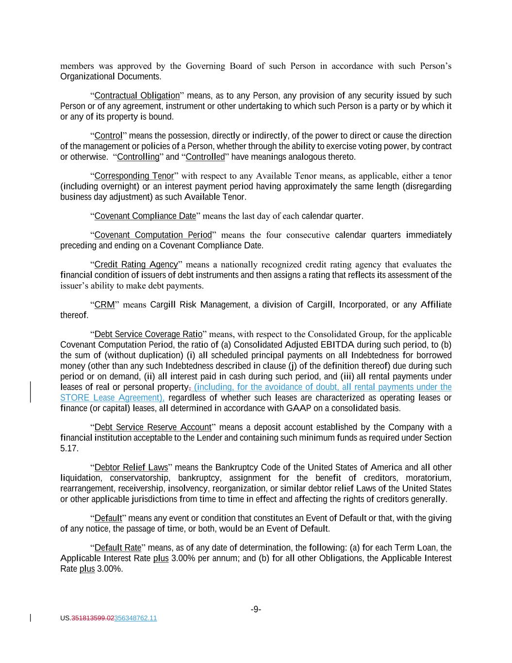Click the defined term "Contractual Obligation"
pos(137,96)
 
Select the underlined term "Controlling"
pos(138,157)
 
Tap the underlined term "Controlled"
pos(205,157)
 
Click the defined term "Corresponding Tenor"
pos(134,176)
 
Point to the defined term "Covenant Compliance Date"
pos(145,216)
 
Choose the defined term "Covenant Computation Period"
pos(153,235)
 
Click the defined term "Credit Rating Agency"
pos(136,265)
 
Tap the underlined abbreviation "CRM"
pos(104,305)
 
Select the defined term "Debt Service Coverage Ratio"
pos(148,335)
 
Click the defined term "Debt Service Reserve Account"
pos(153,427)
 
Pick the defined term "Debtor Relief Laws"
pos(131,468)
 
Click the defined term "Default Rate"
pos(117,548)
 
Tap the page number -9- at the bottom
pos(256,610)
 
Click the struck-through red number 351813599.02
pos(93,618)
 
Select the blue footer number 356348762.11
pos(135,618)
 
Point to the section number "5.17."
pos(69,448)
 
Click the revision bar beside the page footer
pos(31,618)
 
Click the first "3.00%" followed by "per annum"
pos(183,559)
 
